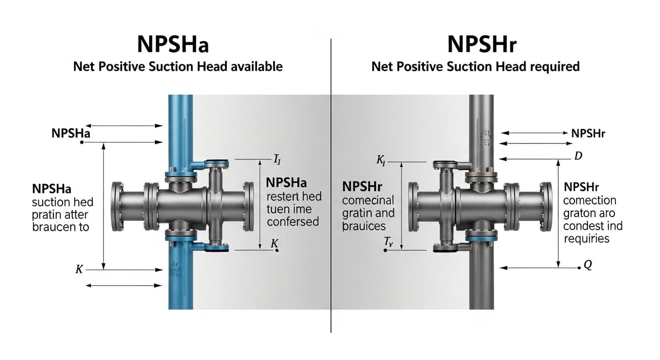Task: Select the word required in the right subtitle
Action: point(555,67)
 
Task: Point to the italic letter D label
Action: point(578,156)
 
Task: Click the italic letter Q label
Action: point(587,265)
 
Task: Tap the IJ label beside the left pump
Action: point(277,159)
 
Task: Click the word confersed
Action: point(292,221)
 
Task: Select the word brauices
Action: point(364,226)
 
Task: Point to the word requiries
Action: point(586,239)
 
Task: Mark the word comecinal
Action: point(368,201)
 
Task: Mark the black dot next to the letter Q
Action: point(579,268)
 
